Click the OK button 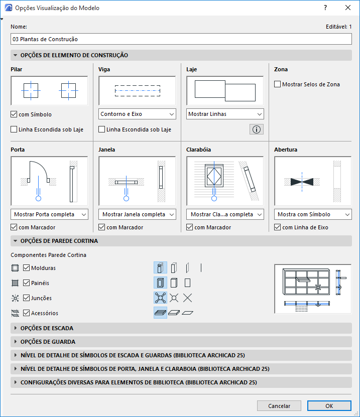click(x=329, y=405)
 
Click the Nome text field click(x=181, y=39)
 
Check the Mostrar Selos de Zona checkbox click(x=278, y=84)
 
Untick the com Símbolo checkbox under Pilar click(x=14, y=114)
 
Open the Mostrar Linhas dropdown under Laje click(x=225, y=114)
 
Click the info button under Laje click(x=257, y=129)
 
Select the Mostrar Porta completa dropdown click(x=49, y=214)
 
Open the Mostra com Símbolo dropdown click(x=313, y=214)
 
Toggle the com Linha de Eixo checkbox click(x=278, y=227)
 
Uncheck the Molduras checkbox click(x=27, y=268)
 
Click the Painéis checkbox click(x=27, y=283)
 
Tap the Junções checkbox click(x=27, y=298)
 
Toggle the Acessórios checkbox click(x=27, y=313)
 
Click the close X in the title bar click(x=348, y=8)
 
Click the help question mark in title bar click(x=325, y=8)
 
